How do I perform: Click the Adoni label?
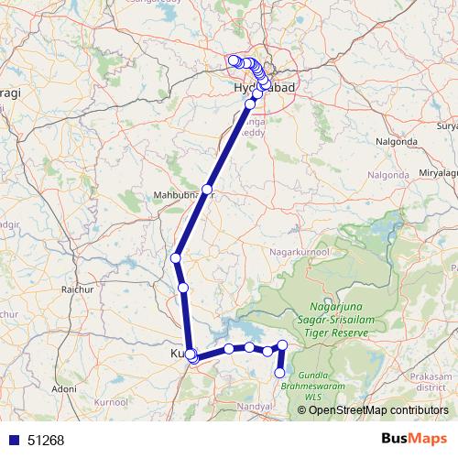click(64, 388)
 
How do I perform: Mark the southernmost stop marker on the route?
click(280, 373)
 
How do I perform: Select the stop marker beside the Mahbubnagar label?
click(207, 190)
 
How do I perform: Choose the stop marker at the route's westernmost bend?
click(175, 258)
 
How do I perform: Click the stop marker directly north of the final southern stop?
click(283, 344)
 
